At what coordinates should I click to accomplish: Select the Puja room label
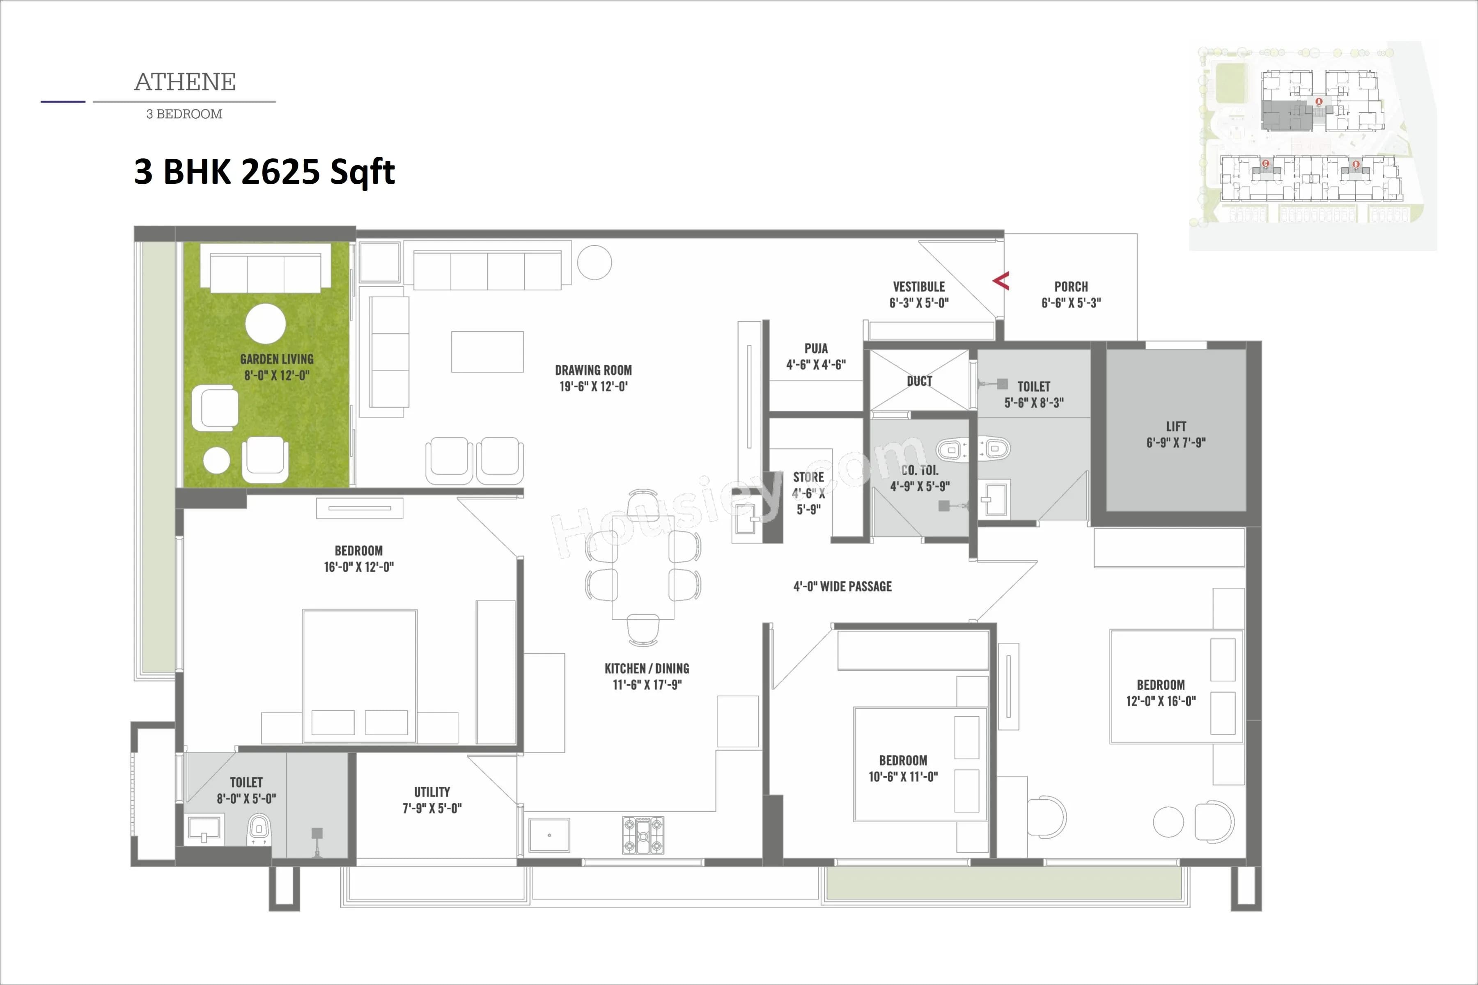pyautogui.click(x=816, y=348)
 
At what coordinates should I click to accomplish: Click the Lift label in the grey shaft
pyautogui.click(x=1176, y=426)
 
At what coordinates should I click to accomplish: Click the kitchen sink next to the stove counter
pyautogui.click(x=549, y=836)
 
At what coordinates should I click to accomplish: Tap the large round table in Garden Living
pyautogui.click(x=265, y=324)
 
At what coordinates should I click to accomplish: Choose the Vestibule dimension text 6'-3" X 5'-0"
pyautogui.click(x=919, y=303)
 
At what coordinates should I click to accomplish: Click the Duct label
pyautogui.click(x=919, y=381)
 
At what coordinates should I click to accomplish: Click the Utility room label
pyautogui.click(x=432, y=792)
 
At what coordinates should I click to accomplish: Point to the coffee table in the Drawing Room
pyautogui.click(x=487, y=352)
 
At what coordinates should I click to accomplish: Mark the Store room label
pyautogui.click(x=808, y=477)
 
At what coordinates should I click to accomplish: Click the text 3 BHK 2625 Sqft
pyautogui.click(x=264, y=172)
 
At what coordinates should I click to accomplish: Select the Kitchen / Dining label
pyautogui.click(x=647, y=669)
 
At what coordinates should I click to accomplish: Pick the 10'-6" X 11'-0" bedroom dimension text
pyautogui.click(x=903, y=777)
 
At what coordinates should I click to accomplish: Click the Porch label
pyautogui.click(x=1071, y=286)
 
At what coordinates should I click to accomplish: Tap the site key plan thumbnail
pyautogui.click(x=1312, y=146)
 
